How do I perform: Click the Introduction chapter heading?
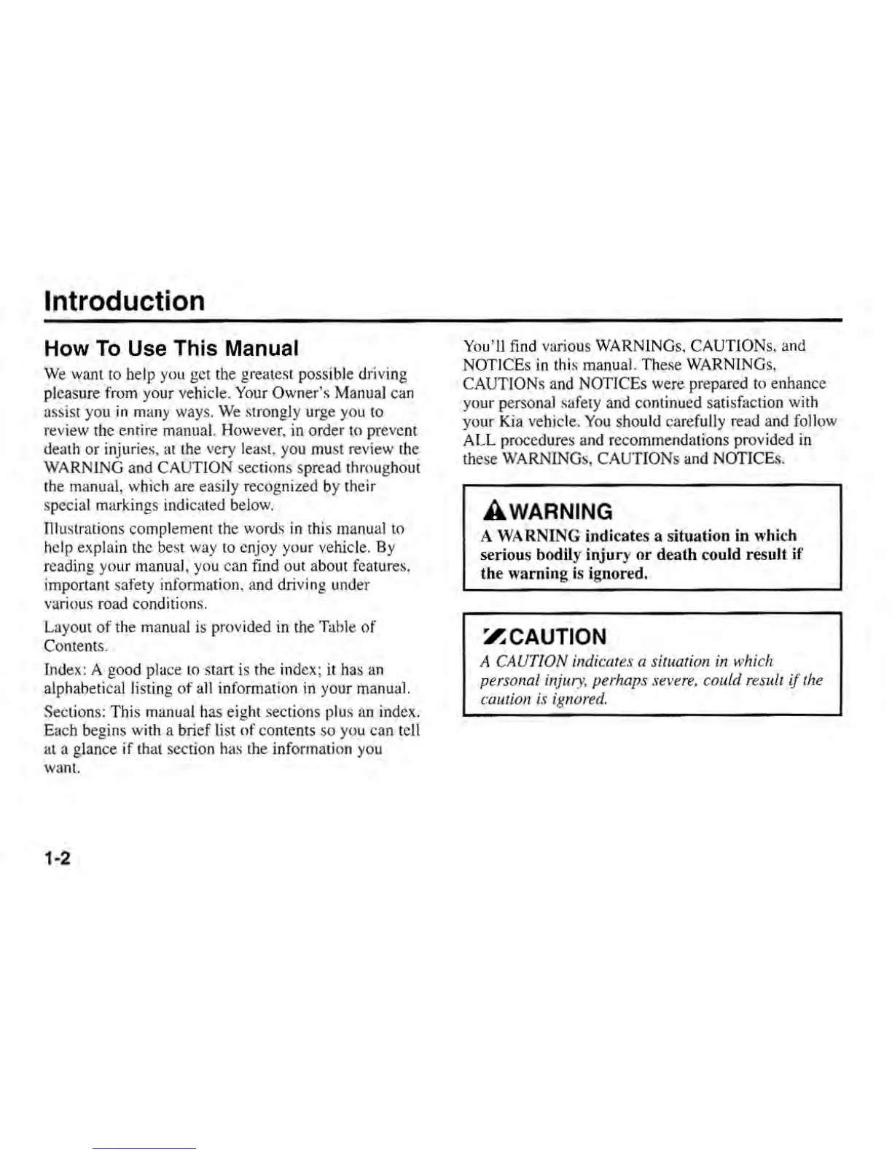pos(125,301)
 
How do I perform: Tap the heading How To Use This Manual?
pos(171,348)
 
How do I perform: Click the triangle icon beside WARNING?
pos(489,511)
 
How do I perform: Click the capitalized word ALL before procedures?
pos(478,440)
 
